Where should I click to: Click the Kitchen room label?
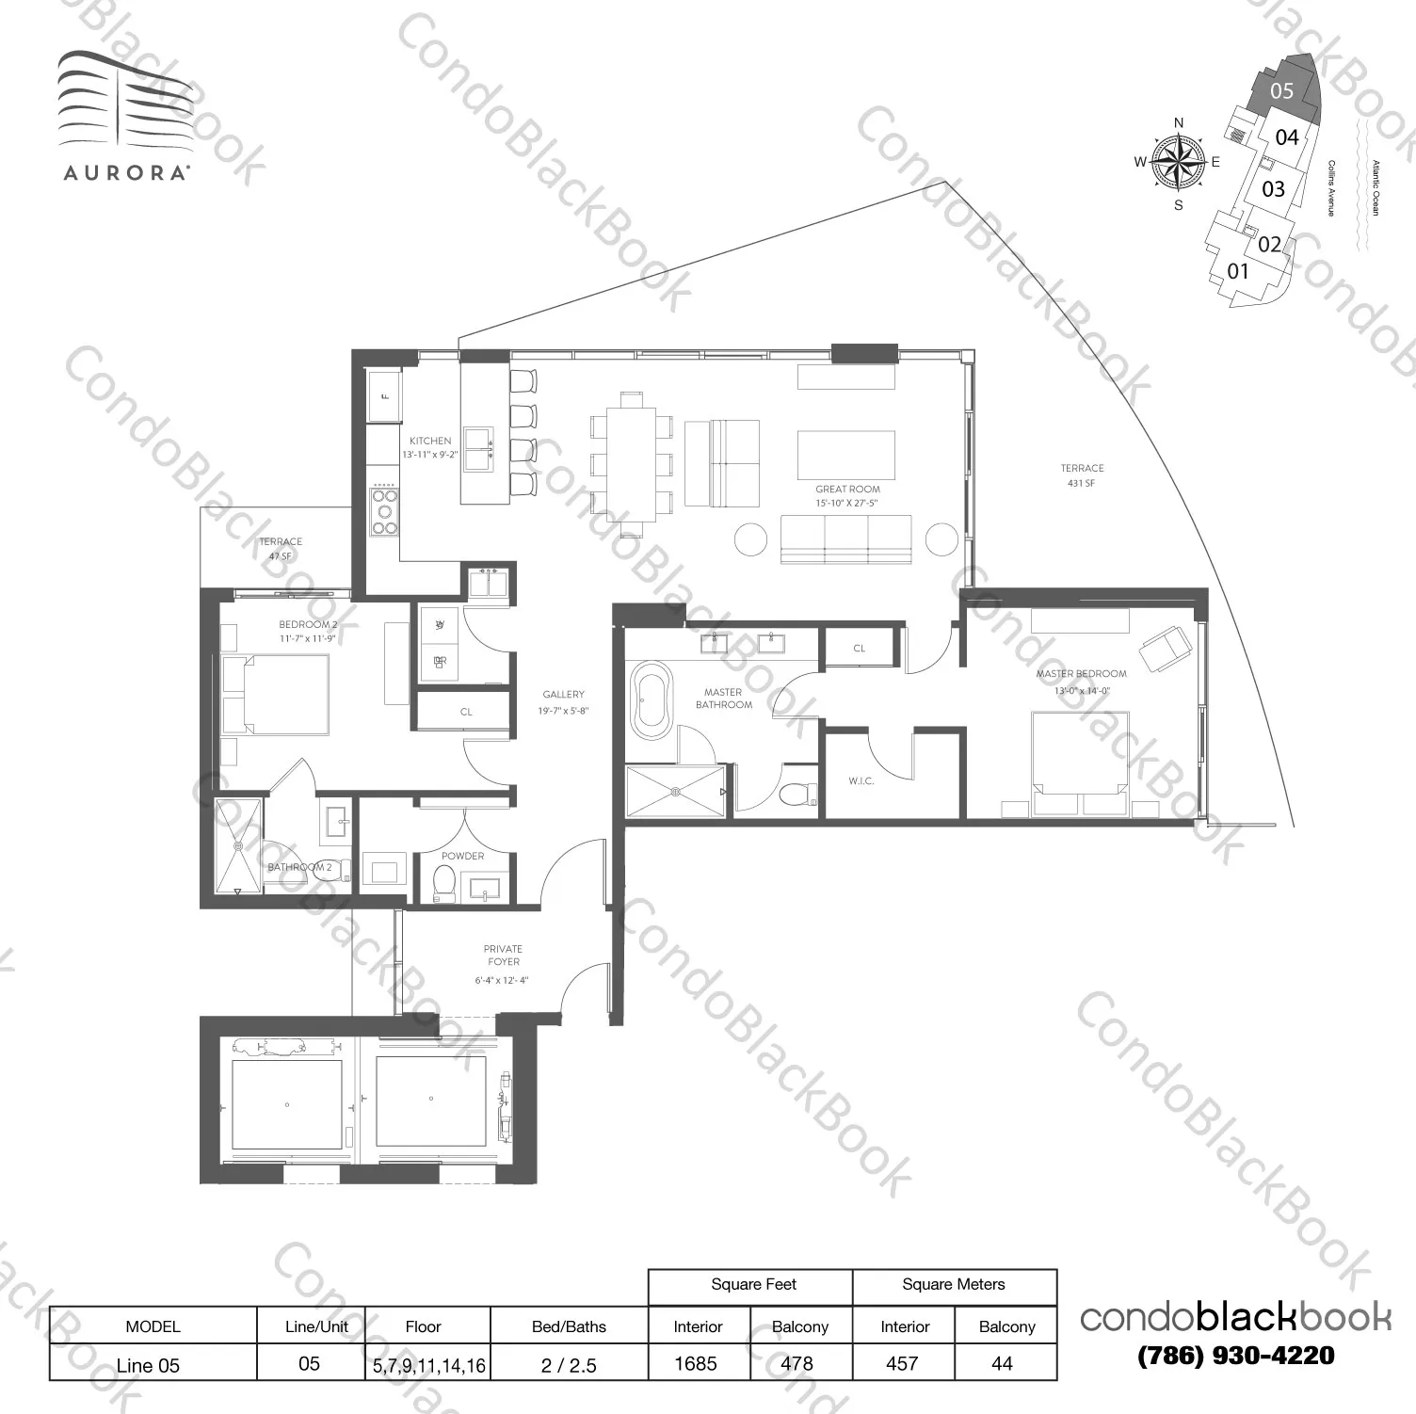[x=430, y=441]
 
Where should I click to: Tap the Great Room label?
[x=847, y=490]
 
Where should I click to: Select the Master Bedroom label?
[x=1081, y=674]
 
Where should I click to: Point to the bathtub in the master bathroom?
[x=652, y=700]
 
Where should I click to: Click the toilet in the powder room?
[x=443, y=882]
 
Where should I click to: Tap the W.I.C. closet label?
[x=861, y=781]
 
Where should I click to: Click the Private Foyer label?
[x=504, y=956]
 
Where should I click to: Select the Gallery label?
[x=563, y=695]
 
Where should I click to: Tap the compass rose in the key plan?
[x=1178, y=162]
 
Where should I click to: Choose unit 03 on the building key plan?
[x=1273, y=189]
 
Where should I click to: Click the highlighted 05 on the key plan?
[x=1282, y=91]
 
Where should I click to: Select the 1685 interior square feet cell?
[x=697, y=1363]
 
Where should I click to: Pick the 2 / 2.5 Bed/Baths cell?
[x=569, y=1365]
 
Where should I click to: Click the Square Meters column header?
[x=953, y=1285]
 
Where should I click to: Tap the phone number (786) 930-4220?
[x=1235, y=1356]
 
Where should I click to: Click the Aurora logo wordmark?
[x=127, y=173]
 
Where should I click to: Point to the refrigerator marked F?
[x=384, y=396]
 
